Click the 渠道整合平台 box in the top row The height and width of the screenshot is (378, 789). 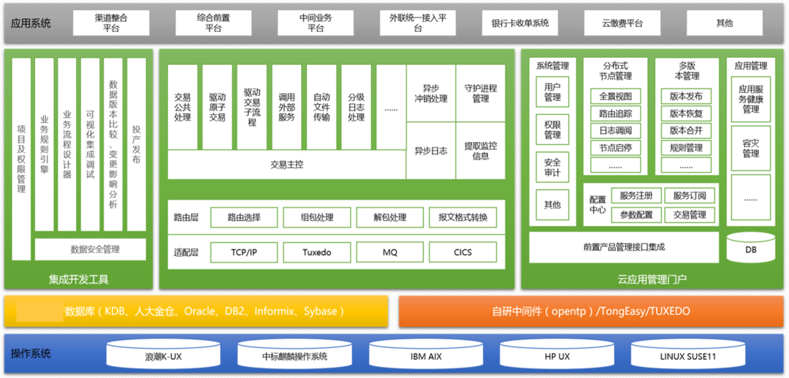(x=111, y=23)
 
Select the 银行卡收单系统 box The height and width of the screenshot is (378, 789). (x=520, y=23)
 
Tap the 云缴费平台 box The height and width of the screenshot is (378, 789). (x=622, y=23)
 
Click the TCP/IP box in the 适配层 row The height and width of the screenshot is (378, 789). (x=244, y=252)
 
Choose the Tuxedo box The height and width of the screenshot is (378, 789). (x=316, y=252)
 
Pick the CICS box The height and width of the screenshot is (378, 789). (x=462, y=252)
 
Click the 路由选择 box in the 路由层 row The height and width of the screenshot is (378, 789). (x=244, y=217)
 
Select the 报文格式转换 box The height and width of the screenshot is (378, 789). (x=462, y=217)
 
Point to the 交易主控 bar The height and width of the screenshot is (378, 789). (x=286, y=165)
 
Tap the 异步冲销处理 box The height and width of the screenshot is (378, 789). (x=430, y=94)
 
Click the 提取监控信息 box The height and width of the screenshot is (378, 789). (x=480, y=151)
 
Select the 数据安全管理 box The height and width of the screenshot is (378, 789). (x=91, y=249)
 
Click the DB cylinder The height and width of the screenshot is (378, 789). (x=750, y=248)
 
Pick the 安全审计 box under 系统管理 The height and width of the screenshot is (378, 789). (x=552, y=167)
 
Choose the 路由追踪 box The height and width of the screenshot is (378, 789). (x=615, y=113)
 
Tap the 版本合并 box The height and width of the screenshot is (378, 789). (x=685, y=131)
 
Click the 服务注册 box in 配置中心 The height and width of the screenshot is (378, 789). (x=636, y=196)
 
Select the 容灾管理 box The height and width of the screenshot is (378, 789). (x=750, y=148)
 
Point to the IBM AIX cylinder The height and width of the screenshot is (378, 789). (x=425, y=356)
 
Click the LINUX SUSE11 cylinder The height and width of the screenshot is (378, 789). (x=687, y=356)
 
